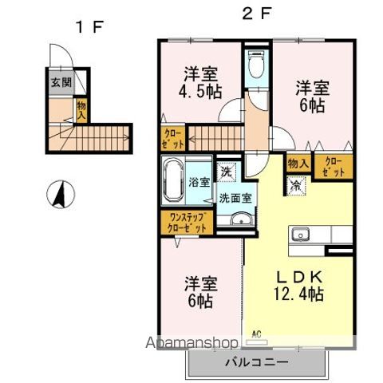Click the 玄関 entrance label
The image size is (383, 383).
[x=61, y=81]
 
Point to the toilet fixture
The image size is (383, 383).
[x=257, y=65]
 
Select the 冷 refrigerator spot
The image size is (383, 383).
[x=297, y=185]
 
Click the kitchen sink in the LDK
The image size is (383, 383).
[x=301, y=234]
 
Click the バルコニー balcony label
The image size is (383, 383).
[x=257, y=364]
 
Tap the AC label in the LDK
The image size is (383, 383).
[x=257, y=334]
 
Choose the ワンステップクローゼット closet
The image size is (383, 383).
[x=184, y=223]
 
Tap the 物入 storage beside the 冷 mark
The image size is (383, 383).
[x=297, y=164]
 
